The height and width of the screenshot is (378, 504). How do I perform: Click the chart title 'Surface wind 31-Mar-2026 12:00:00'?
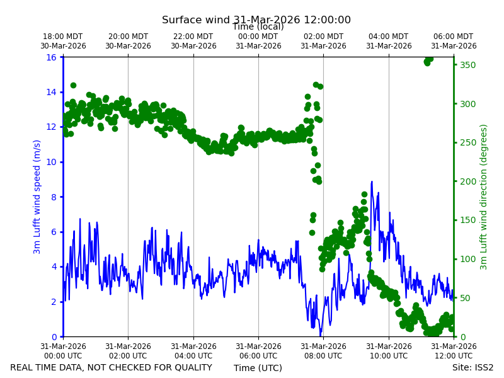[256, 20]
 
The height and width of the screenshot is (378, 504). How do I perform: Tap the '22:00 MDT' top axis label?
[193, 37]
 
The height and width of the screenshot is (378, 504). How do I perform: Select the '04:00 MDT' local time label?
[389, 37]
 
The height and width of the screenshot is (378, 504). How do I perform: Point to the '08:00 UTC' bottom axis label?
[323, 356]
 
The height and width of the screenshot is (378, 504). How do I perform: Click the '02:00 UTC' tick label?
[128, 356]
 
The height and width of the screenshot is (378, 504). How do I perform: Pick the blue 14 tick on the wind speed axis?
[51, 92]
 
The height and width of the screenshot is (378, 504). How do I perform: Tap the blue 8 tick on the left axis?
[54, 197]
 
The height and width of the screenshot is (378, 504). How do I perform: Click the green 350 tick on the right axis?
[467, 65]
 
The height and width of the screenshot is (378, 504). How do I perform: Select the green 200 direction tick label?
[467, 181]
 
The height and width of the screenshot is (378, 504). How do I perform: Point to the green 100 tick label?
[467, 259]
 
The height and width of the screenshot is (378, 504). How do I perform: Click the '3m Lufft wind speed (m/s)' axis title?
[37, 197]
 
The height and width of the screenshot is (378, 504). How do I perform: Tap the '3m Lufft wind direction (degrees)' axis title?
[483, 197]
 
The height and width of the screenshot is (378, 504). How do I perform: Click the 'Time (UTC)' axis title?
[258, 368]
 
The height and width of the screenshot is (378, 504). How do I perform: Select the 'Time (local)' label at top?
[258, 26]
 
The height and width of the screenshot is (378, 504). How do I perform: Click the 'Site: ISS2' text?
[472, 367]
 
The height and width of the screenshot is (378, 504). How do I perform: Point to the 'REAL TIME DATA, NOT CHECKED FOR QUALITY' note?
[112, 367]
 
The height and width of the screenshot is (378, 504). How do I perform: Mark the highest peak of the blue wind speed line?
[372, 181]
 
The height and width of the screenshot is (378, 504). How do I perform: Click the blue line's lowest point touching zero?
[320, 336]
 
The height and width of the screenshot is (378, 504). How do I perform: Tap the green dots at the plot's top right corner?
[428, 60]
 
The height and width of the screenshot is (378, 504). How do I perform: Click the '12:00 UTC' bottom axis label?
[454, 356]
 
